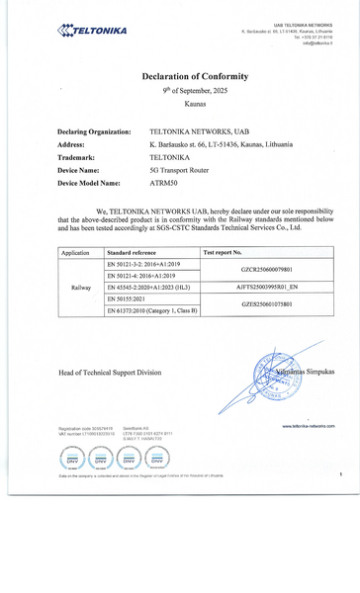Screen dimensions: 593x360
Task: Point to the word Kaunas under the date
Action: point(195,103)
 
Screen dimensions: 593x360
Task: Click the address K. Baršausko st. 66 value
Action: point(221,144)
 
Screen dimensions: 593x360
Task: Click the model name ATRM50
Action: point(164,183)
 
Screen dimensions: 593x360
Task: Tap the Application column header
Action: point(75,253)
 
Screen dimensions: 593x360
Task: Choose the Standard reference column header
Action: point(131,253)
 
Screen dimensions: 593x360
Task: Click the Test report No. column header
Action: point(223,253)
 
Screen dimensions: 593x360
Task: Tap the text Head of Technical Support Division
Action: point(109,373)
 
